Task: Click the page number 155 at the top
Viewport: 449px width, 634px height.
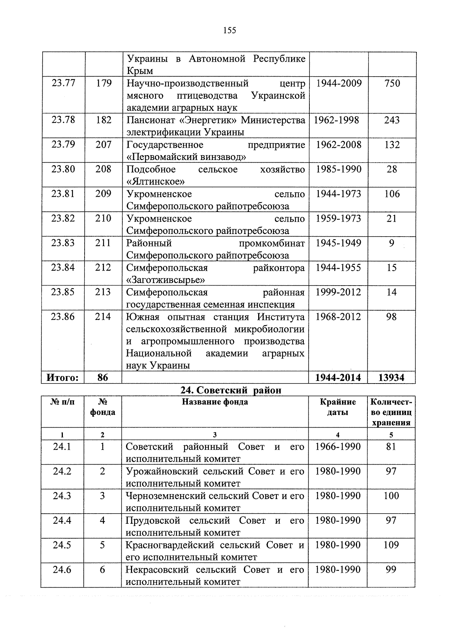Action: [229, 30]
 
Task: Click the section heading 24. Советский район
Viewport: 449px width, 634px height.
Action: [230, 390]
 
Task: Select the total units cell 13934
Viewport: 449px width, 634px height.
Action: [391, 378]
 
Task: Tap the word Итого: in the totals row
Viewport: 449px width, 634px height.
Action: [62, 378]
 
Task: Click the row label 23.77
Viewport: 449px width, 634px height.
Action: [63, 83]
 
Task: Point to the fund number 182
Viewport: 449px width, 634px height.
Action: [104, 120]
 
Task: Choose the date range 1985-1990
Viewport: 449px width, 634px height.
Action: [339, 169]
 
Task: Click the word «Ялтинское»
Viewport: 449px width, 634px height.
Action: [156, 181]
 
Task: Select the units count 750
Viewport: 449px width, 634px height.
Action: [392, 83]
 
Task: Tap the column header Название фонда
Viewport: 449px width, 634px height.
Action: [215, 402]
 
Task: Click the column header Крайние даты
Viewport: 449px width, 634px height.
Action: [338, 407]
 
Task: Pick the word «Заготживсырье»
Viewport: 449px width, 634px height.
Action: [166, 280]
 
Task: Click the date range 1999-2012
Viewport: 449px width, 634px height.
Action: [338, 292]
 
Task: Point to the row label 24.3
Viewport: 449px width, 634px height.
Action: [62, 496]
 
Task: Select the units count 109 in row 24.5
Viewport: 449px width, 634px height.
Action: [391, 545]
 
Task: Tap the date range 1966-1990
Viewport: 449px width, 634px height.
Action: [338, 446]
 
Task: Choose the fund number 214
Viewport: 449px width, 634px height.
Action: [103, 317]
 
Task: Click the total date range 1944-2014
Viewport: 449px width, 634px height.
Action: [338, 378]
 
